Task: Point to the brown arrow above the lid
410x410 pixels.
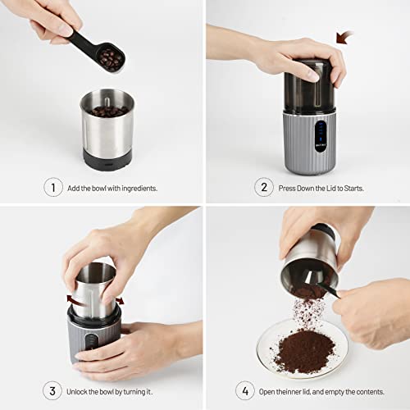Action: pos(344,37)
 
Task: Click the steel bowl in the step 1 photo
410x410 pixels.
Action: pos(107,127)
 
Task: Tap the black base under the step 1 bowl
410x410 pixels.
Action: pos(107,158)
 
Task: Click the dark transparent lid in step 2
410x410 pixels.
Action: pos(308,86)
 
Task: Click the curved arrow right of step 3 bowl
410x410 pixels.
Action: pos(120,301)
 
